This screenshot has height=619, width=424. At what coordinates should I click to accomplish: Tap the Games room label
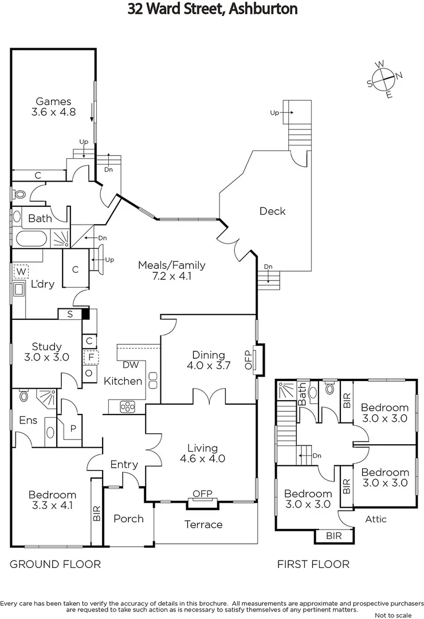[54, 107]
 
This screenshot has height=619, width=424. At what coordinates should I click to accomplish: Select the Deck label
[272, 211]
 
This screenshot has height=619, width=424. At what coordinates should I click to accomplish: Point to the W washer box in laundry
[21, 271]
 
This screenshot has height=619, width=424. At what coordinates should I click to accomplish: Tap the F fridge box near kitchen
[89, 358]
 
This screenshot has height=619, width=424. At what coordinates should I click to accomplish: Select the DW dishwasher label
[130, 365]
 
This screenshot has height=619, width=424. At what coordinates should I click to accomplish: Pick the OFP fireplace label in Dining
[248, 359]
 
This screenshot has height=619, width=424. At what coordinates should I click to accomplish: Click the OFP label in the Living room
[202, 493]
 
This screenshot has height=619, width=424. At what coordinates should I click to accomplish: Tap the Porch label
[128, 519]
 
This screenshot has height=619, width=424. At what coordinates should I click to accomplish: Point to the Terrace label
[203, 524]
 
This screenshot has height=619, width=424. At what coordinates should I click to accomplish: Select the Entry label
[124, 464]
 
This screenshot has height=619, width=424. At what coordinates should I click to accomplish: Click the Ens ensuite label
[28, 420]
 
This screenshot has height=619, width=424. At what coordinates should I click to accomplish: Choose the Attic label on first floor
[376, 519]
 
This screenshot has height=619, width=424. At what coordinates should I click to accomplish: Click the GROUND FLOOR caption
[55, 565]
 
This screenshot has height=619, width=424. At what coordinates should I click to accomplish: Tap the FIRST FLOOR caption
[313, 565]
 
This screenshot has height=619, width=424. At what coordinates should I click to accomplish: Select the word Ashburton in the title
[262, 9]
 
